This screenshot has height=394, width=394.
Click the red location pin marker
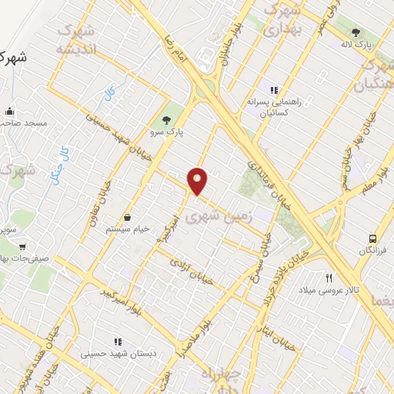tap(198, 181)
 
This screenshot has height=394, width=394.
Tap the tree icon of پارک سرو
tap(166, 119)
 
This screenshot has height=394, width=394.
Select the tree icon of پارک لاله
tap(356, 32)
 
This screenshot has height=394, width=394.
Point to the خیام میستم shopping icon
tap(126, 218)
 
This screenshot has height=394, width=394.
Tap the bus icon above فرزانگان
tap(373, 239)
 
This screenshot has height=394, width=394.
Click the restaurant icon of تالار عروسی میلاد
tap(329, 277)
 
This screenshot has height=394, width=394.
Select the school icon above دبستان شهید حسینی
tap(118, 341)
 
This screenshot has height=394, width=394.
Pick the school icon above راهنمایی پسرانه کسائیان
tap(274, 90)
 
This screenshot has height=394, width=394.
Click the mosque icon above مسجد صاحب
tap(8, 111)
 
